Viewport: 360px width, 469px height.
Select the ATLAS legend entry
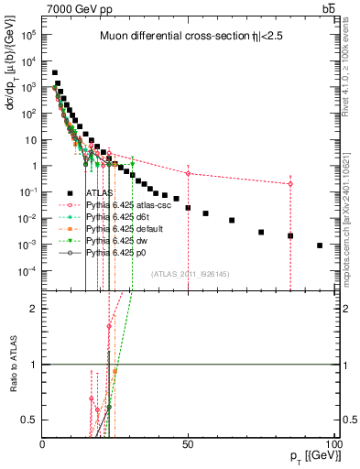[x=100, y=193]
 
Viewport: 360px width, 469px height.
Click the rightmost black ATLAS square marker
[x=319, y=245]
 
